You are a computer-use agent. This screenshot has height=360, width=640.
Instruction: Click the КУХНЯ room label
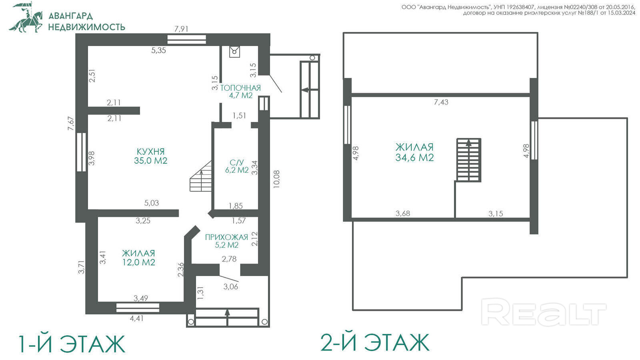pos(150,152)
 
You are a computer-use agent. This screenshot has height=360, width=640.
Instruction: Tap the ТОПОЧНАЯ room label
pos(240,88)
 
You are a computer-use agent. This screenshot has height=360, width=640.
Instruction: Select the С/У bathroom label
pos(236,162)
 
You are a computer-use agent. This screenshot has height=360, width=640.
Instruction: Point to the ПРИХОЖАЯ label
pos(226,237)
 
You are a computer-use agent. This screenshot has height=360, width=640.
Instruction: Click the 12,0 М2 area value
pos(138,262)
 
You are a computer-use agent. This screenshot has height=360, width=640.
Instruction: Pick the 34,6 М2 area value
pos(414,158)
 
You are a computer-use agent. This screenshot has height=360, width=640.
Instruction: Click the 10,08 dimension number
pos(276,179)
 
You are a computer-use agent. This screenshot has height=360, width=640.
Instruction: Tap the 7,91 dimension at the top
pos(181,29)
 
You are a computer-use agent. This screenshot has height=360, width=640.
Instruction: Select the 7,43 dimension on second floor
pos(441,102)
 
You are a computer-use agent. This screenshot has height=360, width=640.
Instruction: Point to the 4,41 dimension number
pos(136,318)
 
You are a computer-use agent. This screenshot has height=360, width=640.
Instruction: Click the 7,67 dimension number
pos(70,124)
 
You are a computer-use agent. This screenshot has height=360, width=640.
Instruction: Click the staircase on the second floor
pos(469,160)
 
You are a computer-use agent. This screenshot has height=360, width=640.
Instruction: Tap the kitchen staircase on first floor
pos(201,176)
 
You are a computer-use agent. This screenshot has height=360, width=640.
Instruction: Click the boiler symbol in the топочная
pos(234,52)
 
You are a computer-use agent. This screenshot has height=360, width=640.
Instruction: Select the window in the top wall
pos(186,40)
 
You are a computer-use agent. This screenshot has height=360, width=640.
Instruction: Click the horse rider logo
pos(26,18)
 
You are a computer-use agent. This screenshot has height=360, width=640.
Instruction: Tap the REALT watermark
pos(544,312)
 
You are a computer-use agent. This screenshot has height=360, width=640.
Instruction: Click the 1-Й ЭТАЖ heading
pos(72,344)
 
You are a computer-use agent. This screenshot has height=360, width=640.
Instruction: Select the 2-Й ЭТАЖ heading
pos(375,342)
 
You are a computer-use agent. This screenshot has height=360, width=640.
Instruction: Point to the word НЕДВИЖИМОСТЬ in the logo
pos(86,27)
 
